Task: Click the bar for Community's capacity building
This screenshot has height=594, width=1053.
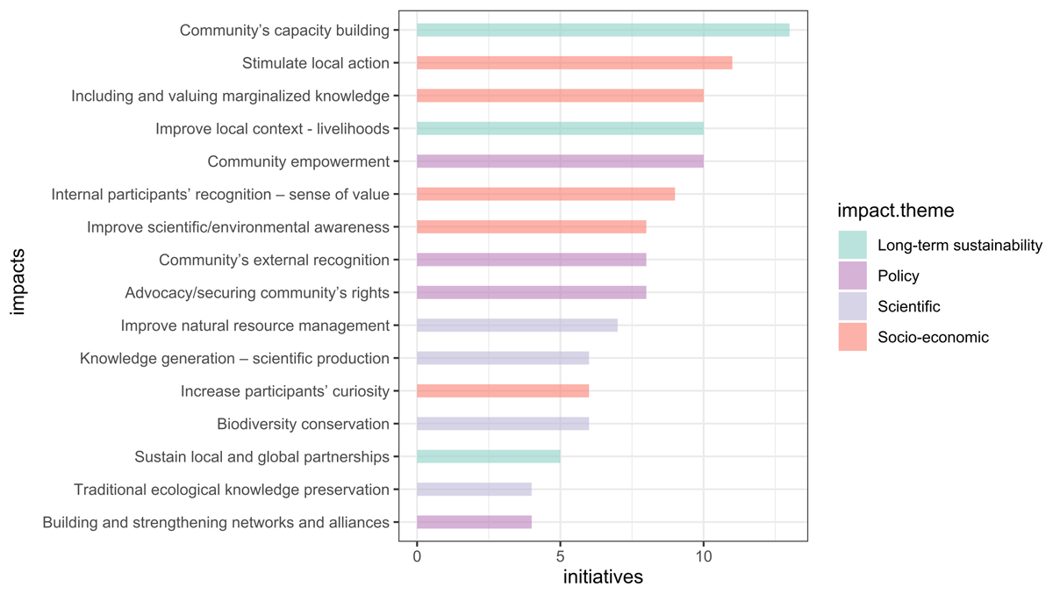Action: (x=603, y=30)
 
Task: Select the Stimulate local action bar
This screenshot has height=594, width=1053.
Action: (x=574, y=62)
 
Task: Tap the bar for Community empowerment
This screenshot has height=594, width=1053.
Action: (x=560, y=161)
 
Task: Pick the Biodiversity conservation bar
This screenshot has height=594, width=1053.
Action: (x=503, y=424)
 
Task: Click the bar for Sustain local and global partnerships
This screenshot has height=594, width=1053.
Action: (x=488, y=456)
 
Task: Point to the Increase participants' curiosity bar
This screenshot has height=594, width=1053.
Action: (x=503, y=391)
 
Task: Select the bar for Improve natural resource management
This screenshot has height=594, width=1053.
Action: (x=517, y=326)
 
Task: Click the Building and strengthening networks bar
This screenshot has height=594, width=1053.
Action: (x=474, y=522)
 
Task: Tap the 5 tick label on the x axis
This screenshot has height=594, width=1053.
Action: (x=560, y=555)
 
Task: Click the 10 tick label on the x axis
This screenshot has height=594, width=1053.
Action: (x=703, y=555)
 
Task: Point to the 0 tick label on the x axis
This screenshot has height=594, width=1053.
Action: (x=417, y=555)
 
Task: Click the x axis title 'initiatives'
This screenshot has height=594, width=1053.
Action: (x=603, y=577)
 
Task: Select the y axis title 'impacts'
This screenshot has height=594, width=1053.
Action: (x=19, y=276)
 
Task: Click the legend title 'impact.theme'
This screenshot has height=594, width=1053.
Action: (x=896, y=211)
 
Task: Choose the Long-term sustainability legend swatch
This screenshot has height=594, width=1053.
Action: (x=852, y=245)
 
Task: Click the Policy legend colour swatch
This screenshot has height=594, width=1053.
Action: (x=852, y=276)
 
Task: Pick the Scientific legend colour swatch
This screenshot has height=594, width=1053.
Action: (x=852, y=306)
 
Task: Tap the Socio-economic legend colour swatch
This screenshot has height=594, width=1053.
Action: (x=852, y=337)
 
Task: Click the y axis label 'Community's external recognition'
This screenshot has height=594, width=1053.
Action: (x=274, y=260)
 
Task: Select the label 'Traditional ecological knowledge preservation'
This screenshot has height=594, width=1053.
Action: (x=232, y=490)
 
